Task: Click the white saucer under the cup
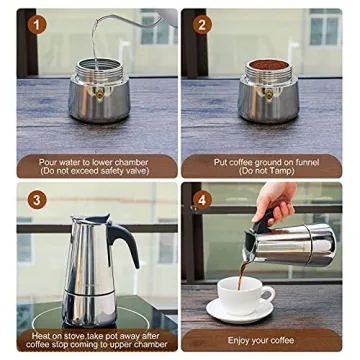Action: click(241, 313)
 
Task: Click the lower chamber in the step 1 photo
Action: click(97, 100)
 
